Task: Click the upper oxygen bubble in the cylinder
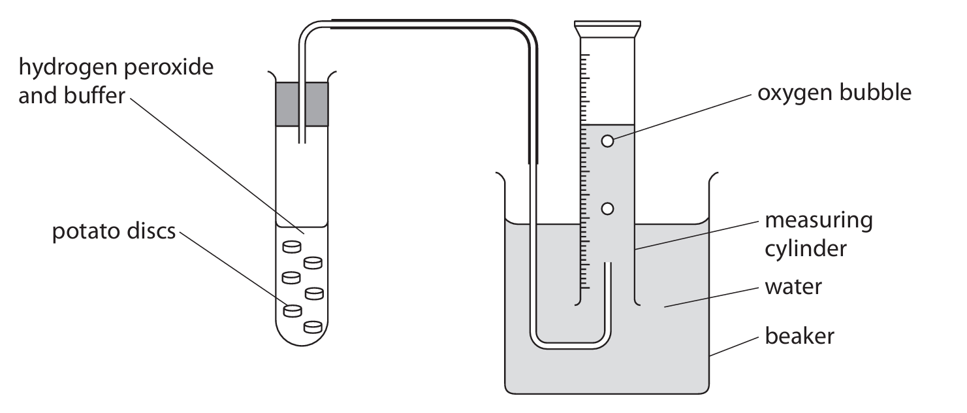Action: coord(607,141)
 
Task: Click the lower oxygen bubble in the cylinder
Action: coord(607,209)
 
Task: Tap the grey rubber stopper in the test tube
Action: coord(302,104)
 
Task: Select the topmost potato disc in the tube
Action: coord(292,246)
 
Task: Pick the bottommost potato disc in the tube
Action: coord(313,327)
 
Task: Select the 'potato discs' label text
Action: coord(114,232)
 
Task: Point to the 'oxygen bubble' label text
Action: coord(834,93)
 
